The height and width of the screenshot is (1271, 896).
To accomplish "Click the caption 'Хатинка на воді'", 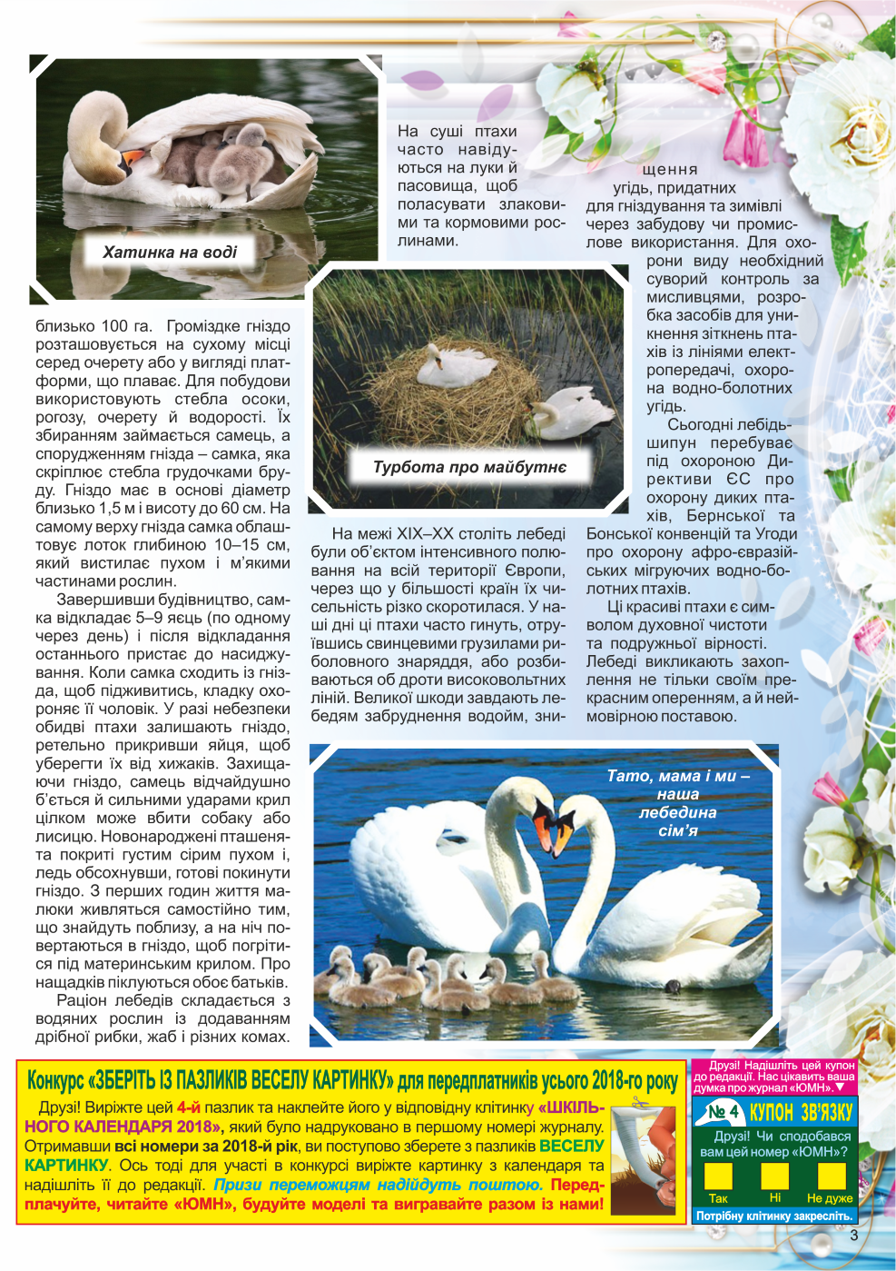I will (170, 253).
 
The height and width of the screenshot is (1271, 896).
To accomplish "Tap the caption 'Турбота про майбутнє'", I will (469, 467).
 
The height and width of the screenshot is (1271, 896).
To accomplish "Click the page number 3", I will (853, 1235).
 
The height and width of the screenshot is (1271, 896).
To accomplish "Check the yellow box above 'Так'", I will (718, 1176).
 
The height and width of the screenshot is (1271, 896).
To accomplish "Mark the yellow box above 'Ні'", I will (774, 1176).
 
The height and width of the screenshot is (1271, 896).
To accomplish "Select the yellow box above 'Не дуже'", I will (831, 1176).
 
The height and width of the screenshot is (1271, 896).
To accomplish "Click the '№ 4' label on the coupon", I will (723, 1111).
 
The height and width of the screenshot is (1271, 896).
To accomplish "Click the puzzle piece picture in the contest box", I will (644, 1158).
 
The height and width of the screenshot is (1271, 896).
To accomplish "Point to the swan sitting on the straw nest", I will (452, 365).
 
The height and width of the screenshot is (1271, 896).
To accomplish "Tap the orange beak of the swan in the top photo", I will (135, 159).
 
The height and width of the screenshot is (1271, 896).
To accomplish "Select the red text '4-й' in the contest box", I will (188, 1107).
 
